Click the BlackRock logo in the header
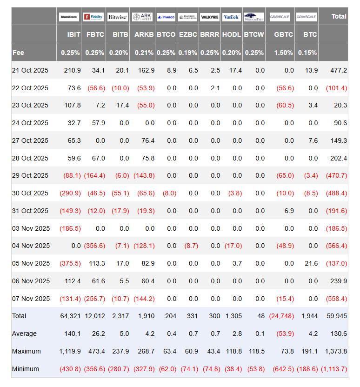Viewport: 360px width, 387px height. pyautogui.click(x=69, y=17)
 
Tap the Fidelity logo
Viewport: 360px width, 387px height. pyautogui.click(x=93, y=17)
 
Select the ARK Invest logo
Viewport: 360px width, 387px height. pyautogui.click(x=141, y=17)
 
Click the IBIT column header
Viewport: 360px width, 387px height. pyautogui.click(x=73, y=34)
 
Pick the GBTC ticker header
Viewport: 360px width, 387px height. pyautogui.click(x=284, y=34)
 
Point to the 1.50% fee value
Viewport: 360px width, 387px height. pyautogui.click(x=284, y=53)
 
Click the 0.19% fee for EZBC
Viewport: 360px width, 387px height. pyautogui.click(x=188, y=53)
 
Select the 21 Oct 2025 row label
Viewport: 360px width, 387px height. pyautogui.click(x=30, y=70)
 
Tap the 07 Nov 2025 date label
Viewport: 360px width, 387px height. pyautogui.click(x=31, y=299)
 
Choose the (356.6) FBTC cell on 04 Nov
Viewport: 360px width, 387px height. pyautogui.click(x=94, y=246)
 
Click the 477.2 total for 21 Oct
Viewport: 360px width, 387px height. pyautogui.click(x=338, y=70)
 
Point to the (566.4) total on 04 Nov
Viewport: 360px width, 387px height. pyautogui.click(x=336, y=246)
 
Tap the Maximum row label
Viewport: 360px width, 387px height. pyautogui.click(x=27, y=351)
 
